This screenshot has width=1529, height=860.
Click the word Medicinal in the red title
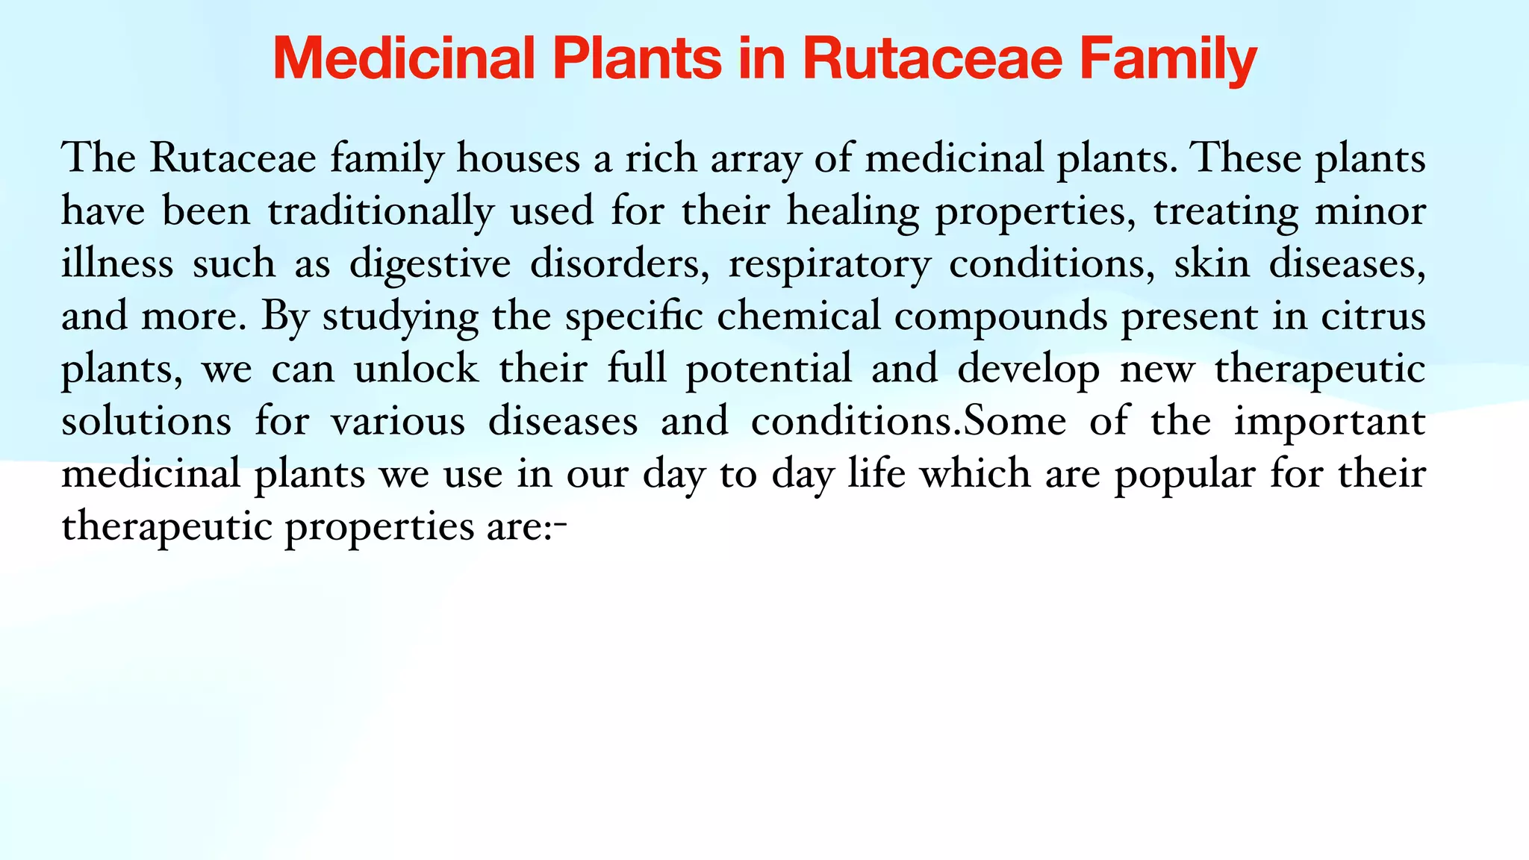click(403, 58)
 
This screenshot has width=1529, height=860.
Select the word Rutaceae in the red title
click(932, 58)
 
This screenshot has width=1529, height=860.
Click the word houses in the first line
click(518, 158)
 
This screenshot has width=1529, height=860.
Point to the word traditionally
click(381, 211)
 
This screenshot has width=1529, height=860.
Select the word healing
click(853, 211)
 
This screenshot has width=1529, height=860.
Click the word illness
click(117, 264)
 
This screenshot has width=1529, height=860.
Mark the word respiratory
click(829, 264)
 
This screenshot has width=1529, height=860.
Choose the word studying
click(400, 317)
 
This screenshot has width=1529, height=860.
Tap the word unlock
click(416, 369)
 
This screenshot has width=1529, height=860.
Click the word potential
click(769, 369)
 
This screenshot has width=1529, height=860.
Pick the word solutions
click(146, 422)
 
